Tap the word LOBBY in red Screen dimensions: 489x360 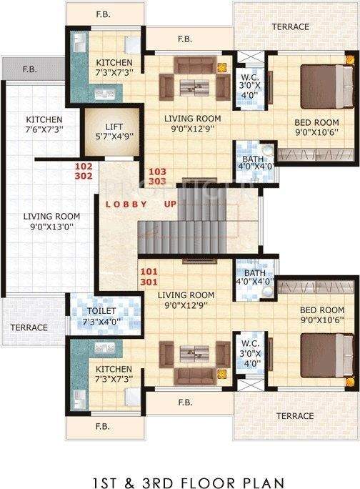coord(126,204)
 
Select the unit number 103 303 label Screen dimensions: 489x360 coord(156,177)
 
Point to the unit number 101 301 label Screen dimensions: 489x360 coord(149,276)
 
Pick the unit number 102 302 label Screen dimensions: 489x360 coord(84,171)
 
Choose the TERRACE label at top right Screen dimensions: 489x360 coord(290,27)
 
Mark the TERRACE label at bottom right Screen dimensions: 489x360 coord(295,415)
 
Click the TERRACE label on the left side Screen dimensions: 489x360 coord(29,327)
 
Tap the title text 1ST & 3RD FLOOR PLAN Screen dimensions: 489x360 coord(179,463)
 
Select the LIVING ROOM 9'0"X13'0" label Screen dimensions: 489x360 coord(51,222)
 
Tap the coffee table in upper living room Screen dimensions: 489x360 coord(191,87)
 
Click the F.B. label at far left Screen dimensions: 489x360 coord(29,69)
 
